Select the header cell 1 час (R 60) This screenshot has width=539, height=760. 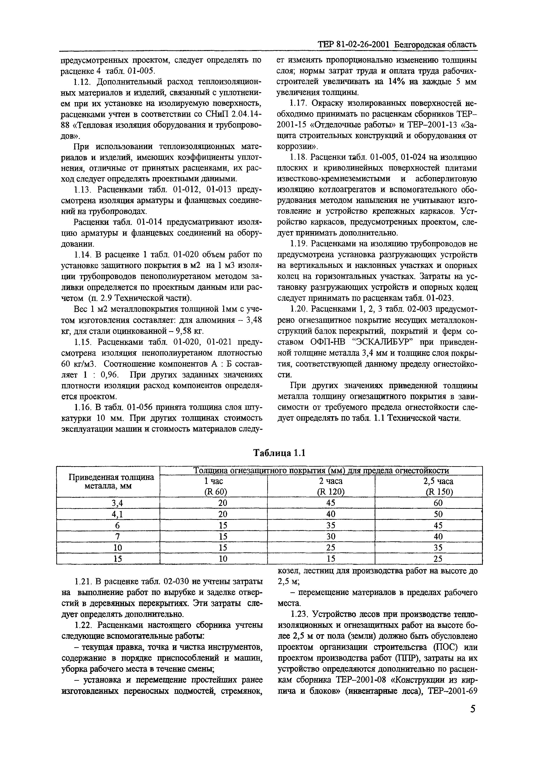213,486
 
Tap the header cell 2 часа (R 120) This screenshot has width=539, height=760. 321,486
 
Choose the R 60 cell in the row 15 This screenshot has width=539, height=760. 213,559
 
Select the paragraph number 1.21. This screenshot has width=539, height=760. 82,581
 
